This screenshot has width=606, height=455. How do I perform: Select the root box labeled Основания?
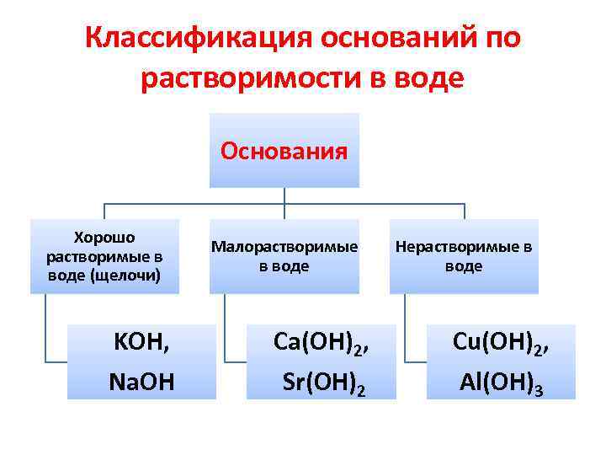pyautogui.click(x=284, y=151)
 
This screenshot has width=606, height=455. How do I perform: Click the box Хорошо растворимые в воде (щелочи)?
pyautogui.click(x=105, y=256)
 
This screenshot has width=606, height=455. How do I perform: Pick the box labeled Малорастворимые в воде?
pyautogui.click(x=284, y=256)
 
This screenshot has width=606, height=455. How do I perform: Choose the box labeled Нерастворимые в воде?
pyautogui.click(x=464, y=256)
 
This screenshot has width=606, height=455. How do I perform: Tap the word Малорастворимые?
pyautogui.click(x=284, y=247)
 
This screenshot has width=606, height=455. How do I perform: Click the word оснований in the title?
pyautogui.click(x=389, y=38)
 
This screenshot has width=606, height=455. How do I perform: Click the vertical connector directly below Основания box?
pyautogui.click(x=284, y=195)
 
